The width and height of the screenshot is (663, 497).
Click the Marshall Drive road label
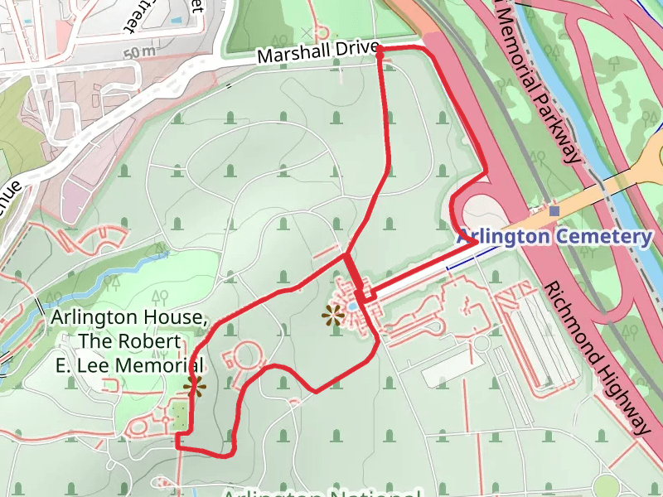point(317,54)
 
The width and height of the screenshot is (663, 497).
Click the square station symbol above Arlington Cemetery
point(554,211)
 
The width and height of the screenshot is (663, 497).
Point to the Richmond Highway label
point(595,357)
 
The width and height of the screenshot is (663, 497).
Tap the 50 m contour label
point(139,52)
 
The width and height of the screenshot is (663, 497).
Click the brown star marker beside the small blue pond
point(333,314)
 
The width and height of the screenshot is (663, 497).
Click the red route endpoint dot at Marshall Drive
point(380,51)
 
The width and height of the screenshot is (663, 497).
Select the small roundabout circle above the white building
point(481,343)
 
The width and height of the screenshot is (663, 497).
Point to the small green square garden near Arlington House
point(180,417)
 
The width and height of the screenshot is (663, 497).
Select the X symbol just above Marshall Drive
point(307,32)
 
